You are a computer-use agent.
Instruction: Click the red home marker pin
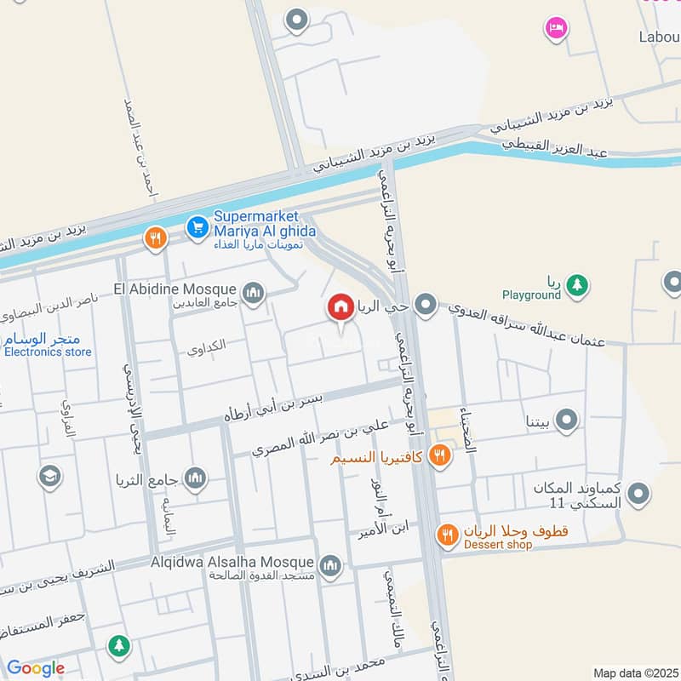[x=341, y=307]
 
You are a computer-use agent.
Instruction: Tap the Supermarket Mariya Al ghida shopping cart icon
[x=197, y=226]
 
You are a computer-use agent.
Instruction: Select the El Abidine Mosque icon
[x=252, y=294]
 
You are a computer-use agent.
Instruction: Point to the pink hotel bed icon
[x=556, y=28]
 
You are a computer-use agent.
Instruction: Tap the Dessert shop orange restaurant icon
[x=448, y=535]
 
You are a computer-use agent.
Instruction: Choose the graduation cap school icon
[x=50, y=475]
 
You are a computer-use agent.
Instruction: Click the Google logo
[x=35, y=668]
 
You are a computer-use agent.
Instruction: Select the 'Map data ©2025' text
[x=634, y=672]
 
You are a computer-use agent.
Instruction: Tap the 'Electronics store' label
[x=48, y=351]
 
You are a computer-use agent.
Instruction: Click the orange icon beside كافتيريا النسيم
[x=439, y=455]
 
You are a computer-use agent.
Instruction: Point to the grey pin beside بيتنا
[x=566, y=419]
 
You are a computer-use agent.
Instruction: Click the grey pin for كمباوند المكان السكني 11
[x=638, y=492]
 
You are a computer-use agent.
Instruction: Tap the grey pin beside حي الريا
[x=426, y=304]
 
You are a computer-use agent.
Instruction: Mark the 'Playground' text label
[x=531, y=295]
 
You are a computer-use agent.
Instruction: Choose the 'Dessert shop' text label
[x=498, y=545]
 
